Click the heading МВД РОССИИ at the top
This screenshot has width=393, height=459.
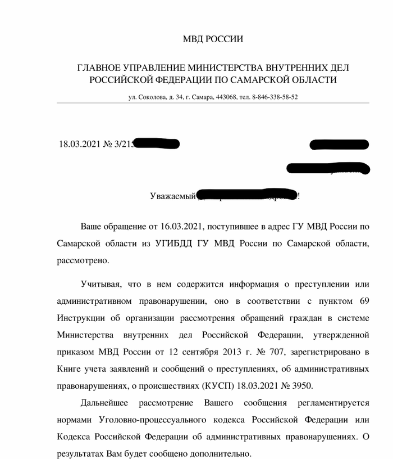coord(213,39)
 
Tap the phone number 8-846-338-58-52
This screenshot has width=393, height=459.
coord(275,97)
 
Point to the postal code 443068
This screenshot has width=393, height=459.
coord(225,97)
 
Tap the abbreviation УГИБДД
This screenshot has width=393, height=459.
coord(176,244)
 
